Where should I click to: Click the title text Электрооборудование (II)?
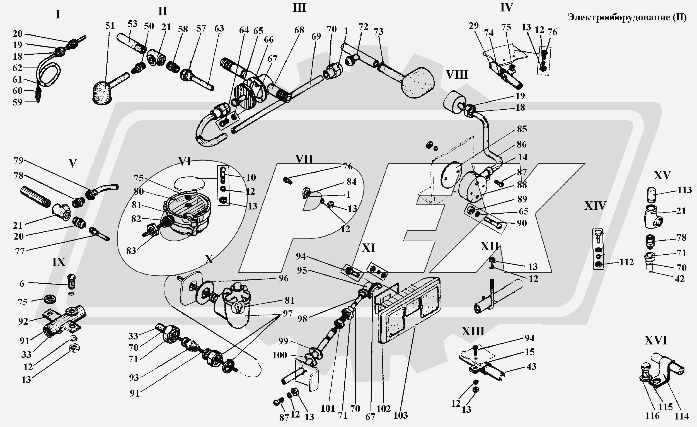[x=627, y=17]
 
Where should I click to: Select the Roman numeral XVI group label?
[x=656, y=341]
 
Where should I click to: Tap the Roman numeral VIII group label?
[x=457, y=75]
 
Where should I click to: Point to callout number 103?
[x=401, y=415]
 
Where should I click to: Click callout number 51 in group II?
[x=110, y=26]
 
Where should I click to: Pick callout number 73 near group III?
[x=378, y=32]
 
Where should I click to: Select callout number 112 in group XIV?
[x=626, y=262]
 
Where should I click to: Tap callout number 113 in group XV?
[x=684, y=190]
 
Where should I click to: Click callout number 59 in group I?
[x=17, y=102]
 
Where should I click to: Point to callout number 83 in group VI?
[x=131, y=250]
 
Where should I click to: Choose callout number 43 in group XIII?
[x=531, y=366]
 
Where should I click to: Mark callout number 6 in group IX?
[x=22, y=283]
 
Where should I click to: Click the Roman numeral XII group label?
[x=490, y=247]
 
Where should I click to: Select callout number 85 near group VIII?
[x=522, y=129]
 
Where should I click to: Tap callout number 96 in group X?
[x=283, y=278]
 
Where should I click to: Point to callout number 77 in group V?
[x=20, y=251]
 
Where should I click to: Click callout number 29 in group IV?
[x=473, y=26]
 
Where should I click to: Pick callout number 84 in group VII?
[x=351, y=182]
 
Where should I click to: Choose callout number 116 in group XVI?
[x=652, y=416]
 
